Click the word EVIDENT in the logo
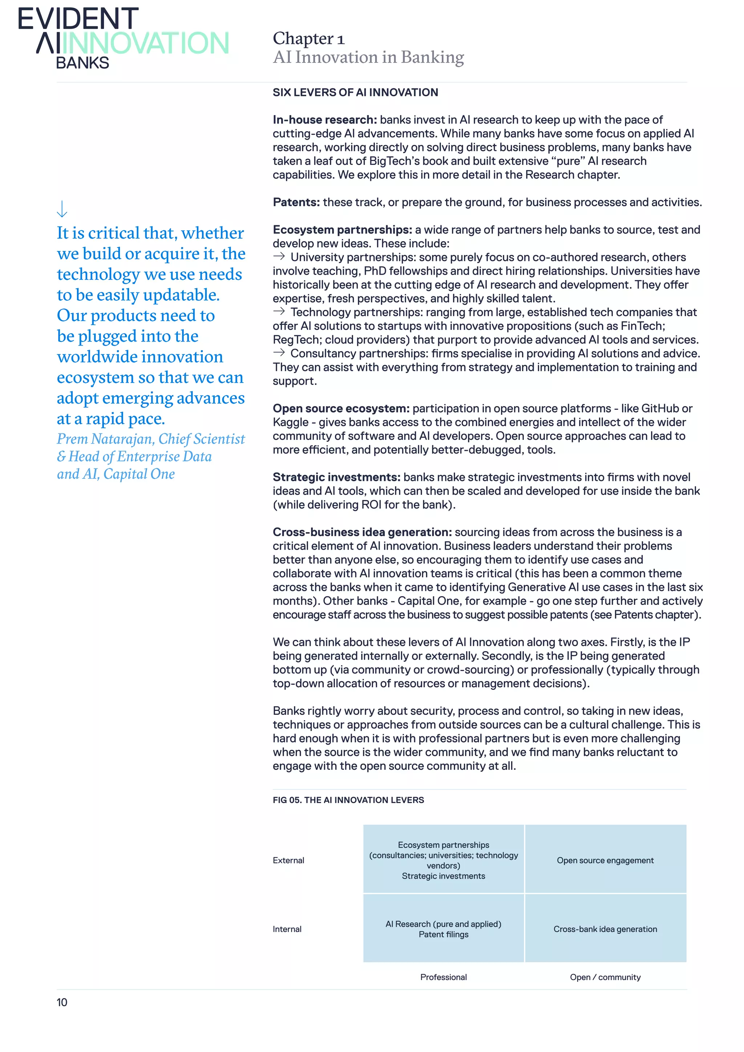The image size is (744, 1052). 78,19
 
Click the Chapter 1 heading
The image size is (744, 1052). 308,39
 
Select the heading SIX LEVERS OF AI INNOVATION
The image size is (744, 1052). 355,93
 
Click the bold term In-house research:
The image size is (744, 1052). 324,120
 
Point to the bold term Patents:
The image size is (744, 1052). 296,203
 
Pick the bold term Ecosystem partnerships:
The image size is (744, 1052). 342,230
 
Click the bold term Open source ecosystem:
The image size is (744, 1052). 341,409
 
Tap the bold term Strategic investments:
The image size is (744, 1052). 336,477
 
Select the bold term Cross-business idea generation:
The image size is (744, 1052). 362,533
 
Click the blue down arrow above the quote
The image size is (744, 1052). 62,209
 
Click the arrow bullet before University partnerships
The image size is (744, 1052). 279,256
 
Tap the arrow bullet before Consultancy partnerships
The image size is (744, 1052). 279,353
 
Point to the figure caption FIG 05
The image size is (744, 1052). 348,800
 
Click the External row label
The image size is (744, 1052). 288,861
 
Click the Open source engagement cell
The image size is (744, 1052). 605,861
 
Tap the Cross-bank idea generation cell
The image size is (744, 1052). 605,929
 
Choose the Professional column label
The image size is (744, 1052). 444,977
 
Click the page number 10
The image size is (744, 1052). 62,1003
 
